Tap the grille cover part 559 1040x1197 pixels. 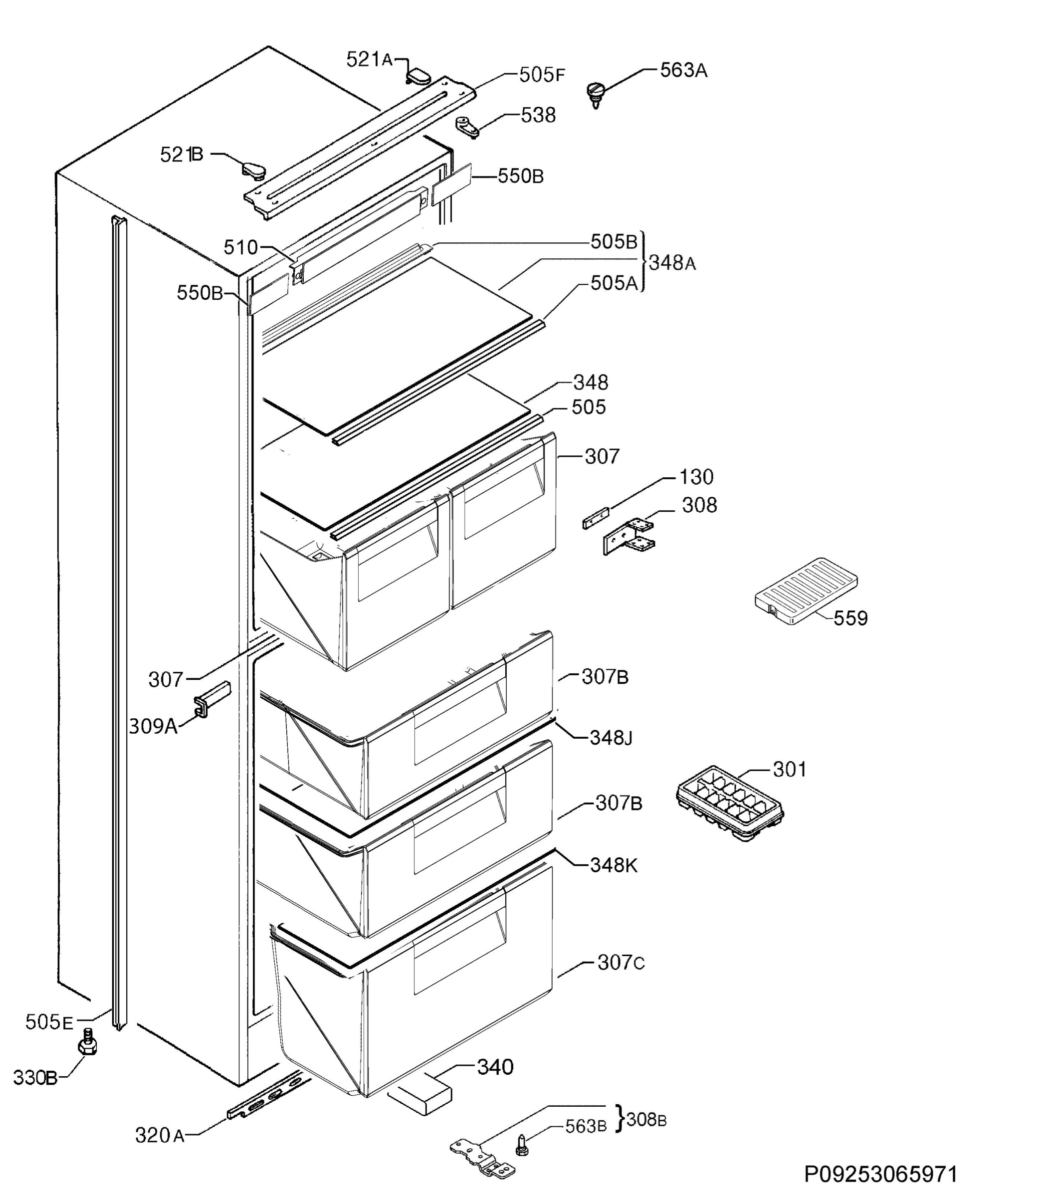[x=806, y=591]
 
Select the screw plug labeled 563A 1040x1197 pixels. [x=596, y=93]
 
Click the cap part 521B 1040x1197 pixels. [x=253, y=170]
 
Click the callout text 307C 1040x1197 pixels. [x=621, y=963]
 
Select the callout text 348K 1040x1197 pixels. [x=614, y=865]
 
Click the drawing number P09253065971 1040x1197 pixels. [x=880, y=1173]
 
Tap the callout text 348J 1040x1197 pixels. [x=611, y=738]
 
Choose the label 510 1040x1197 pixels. [x=240, y=248]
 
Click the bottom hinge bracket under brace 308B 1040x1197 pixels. [x=483, y=1157]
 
